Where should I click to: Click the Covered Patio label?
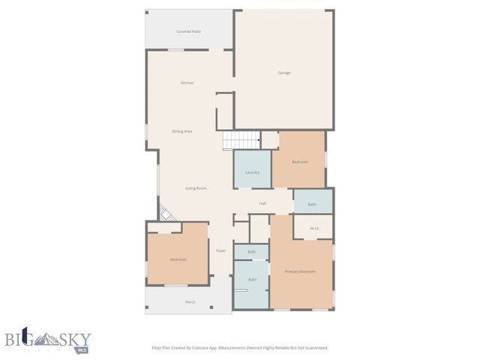[x=188, y=31]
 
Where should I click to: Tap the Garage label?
[x=284, y=73]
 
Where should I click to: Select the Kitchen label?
[x=187, y=82]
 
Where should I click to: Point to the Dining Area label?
[x=182, y=131]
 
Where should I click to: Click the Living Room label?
[x=196, y=188]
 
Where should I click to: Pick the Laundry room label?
[x=252, y=172]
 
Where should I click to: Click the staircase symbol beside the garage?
[x=240, y=140]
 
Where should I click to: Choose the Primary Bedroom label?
[x=300, y=271]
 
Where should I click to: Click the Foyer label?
[x=221, y=250]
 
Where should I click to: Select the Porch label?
[x=190, y=302]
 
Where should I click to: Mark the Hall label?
[x=262, y=203]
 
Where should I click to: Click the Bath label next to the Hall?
[x=311, y=204]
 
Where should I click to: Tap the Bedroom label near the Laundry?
[x=300, y=162]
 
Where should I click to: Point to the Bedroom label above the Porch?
[x=178, y=259]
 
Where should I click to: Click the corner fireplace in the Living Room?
[x=166, y=214]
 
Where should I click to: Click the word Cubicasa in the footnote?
[x=214, y=348]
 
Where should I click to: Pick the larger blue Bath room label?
[x=252, y=280]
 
